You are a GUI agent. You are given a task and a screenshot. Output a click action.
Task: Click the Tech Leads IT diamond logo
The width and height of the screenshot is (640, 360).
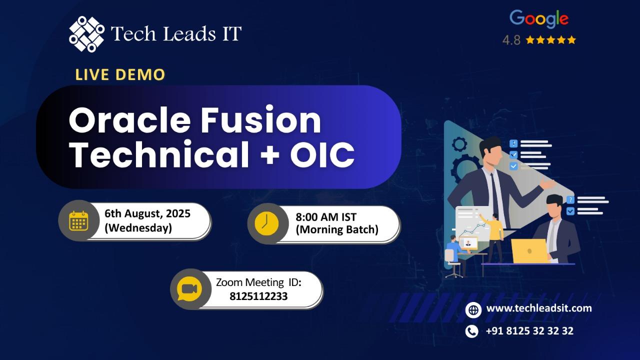(86, 34)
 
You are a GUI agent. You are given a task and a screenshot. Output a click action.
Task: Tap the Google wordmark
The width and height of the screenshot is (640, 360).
(539, 19)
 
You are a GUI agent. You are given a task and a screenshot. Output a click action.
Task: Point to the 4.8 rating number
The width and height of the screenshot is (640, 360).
(511, 40)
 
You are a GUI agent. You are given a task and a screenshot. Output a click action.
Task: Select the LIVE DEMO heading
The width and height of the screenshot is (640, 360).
(120, 74)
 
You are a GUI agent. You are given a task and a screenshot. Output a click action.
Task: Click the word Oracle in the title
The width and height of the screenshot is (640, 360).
(129, 120)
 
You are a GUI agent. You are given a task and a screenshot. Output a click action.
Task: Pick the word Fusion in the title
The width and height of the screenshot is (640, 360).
(260, 120)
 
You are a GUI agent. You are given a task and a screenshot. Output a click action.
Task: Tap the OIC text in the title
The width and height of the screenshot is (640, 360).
(322, 154)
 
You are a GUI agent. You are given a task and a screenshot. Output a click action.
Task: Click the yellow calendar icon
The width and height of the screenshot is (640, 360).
(78, 221)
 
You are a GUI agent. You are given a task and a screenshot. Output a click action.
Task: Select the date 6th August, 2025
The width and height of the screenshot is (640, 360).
(147, 213)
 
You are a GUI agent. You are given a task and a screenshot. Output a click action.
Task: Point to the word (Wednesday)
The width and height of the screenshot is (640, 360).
(138, 228)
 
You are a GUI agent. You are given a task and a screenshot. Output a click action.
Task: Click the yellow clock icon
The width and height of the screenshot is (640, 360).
(266, 223)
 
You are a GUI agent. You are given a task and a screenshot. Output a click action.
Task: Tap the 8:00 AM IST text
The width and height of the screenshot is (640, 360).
(326, 217)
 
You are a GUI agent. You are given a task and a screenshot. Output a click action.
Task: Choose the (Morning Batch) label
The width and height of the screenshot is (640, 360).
(337, 229)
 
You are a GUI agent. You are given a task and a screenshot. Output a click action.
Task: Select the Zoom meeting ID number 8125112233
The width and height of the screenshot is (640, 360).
(258, 296)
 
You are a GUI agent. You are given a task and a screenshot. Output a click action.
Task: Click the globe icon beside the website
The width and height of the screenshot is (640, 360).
(473, 310)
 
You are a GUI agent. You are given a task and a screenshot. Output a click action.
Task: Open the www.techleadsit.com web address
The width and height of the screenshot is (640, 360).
(539, 308)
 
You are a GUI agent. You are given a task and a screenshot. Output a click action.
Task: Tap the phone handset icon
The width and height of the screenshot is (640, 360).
(471, 331)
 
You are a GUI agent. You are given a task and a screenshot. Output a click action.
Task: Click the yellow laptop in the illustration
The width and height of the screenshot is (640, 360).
(530, 251)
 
